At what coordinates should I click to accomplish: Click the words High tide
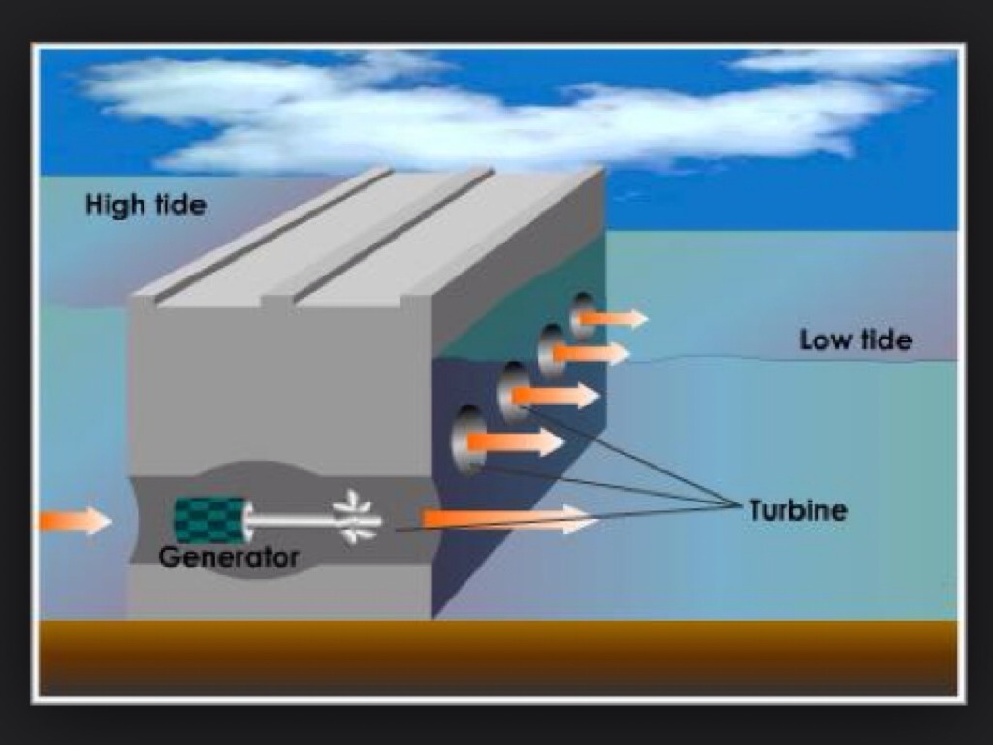(145, 206)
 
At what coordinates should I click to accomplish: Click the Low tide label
(855, 340)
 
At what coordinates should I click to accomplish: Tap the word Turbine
(797, 510)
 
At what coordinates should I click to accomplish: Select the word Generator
(229, 558)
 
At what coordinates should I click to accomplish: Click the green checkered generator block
(208, 520)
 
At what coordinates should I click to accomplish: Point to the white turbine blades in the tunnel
(356, 518)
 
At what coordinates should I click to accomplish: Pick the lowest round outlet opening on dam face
(469, 440)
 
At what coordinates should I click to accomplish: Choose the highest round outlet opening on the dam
(583, 314)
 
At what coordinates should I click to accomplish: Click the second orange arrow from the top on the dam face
(591, 353)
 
